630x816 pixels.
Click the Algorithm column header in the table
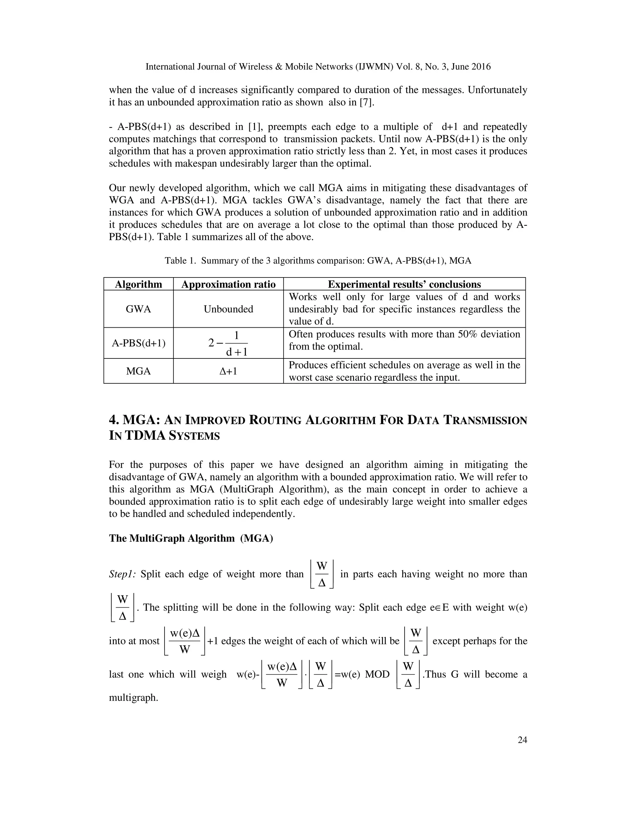click(138, 284)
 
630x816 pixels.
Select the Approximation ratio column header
click(228, 284)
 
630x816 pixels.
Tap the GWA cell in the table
click(138, 309)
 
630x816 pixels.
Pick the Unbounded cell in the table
click(228, 309)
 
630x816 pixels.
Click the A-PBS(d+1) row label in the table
click(138, 343)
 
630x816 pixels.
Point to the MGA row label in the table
click(138, 371)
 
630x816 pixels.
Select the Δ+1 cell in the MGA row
click(228, 371)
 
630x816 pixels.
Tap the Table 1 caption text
click(318, 261)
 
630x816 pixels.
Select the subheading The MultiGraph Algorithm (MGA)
click(191, 538)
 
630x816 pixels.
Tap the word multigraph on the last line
click(133, 697)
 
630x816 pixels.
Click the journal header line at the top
click(318, 67)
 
